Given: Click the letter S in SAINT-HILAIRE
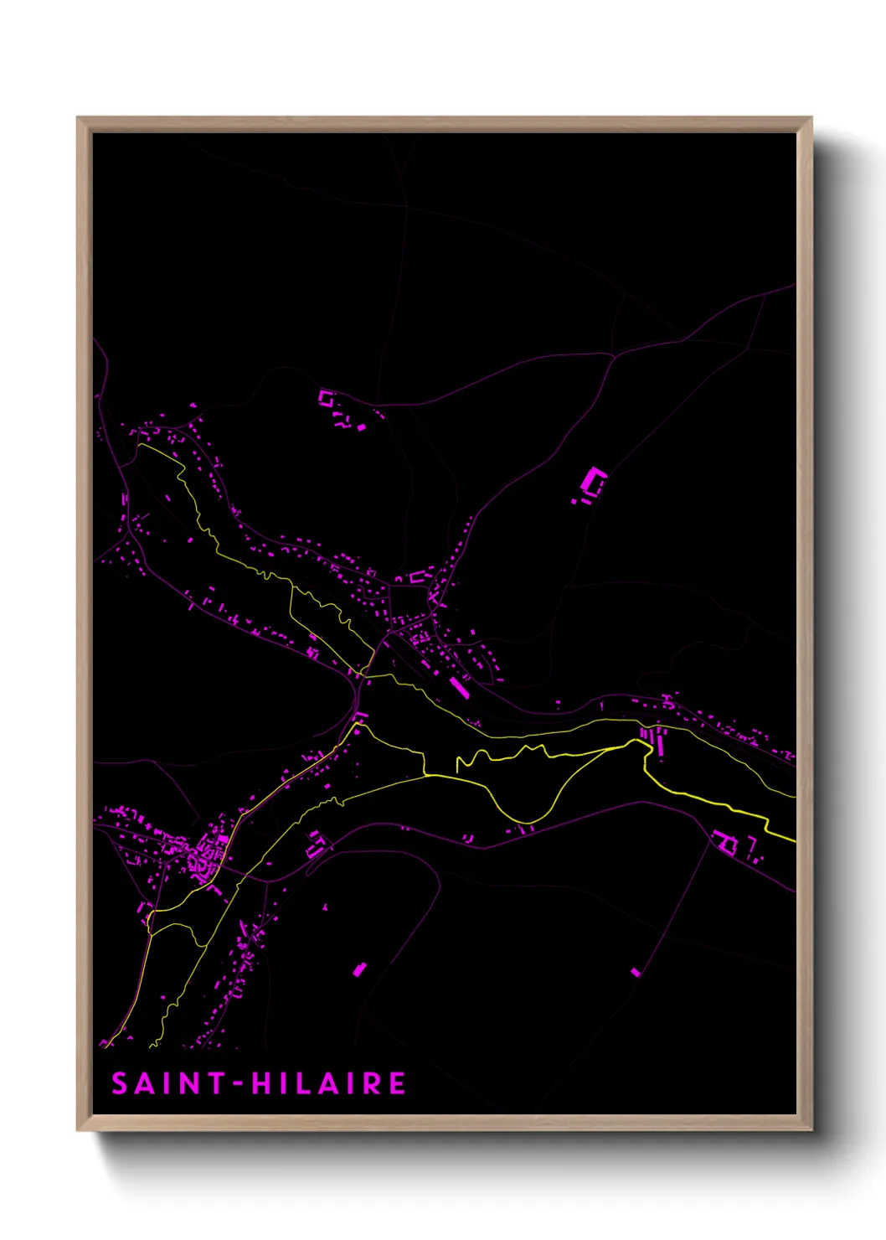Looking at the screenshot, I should click(121, 1083).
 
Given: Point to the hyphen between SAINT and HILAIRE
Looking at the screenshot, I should click(238, 1084).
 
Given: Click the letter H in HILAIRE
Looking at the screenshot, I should click(262, 1083).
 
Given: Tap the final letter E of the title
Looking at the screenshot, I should click(397, 1083).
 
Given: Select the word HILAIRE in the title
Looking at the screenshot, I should click(329, 1083).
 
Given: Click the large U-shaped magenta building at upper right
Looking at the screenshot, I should click(593, 483).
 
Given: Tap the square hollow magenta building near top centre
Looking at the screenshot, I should click(326, 398).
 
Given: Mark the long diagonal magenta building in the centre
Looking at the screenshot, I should click(458, 688).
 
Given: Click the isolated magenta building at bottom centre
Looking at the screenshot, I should click(360, 969).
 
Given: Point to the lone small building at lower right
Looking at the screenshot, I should click(635, 972).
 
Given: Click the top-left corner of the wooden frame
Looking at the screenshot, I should click(79, 119).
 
